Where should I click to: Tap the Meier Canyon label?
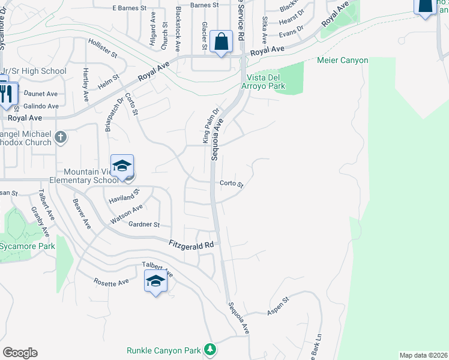pyautogui.click(x=342, y=60)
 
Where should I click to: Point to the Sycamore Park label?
pyautogui.click(x=28, y=246)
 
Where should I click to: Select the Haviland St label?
pyautogui.click(x=123, y=196)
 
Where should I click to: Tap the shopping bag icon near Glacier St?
pyautogui.click(x=221, y=42)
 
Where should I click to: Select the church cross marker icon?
pyautogui.click(x=60, y=138)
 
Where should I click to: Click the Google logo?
pyautogui.click(x=20, y=353)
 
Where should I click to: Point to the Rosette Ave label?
pyautogui.click(x=111, y=281)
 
